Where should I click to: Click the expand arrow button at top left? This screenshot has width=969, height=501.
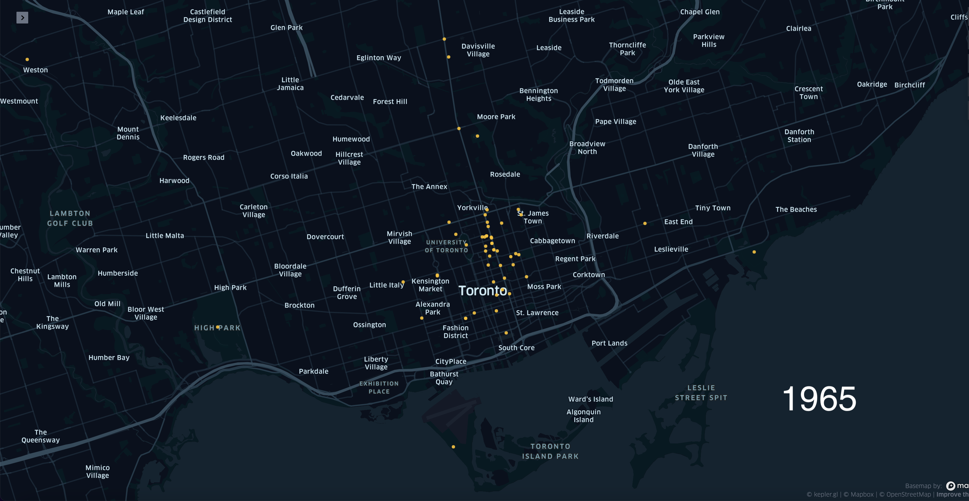click(22, 18)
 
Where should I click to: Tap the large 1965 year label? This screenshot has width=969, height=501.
click(819, 399)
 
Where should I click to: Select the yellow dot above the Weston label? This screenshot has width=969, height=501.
click(27, 59)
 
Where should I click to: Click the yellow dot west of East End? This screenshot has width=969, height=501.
click(645, 223)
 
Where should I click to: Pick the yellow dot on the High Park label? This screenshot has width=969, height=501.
click(218, 327)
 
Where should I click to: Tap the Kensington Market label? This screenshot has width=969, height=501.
click(430, 285)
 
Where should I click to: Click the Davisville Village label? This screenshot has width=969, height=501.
click(478, 50)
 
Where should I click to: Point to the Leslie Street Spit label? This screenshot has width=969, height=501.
click(701, 393)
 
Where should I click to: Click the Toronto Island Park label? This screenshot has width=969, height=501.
click(550, 451)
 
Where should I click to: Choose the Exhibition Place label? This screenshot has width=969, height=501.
click(379, 387)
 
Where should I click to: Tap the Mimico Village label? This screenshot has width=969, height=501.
click(97, 471)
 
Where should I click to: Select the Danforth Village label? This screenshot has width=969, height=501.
click(703, 150)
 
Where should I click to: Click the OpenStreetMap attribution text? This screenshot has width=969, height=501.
click(908, 495)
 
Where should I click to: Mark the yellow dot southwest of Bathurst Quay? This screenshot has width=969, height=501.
click(453, 447)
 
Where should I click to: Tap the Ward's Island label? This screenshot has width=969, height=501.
click(591, 399)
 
